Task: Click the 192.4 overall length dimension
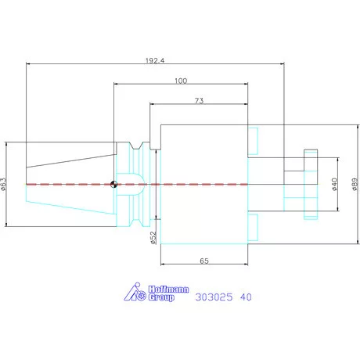(x=155, y=61)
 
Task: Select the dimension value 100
(x=181, y=81)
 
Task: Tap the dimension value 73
(x=199, y=101)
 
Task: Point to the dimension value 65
(x=204, y=261)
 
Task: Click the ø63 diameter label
(x=3, y=184)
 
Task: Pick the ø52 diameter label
(x=153, y=238)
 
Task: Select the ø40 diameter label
(x=335, y=184)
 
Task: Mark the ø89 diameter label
(x=355, y=184)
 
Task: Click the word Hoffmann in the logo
(x=168, y=290)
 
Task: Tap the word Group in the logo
(x=161, y=297)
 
